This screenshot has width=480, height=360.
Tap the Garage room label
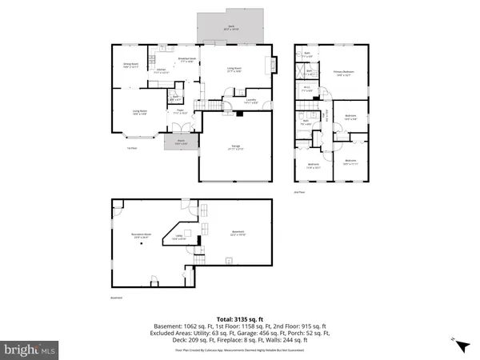236,147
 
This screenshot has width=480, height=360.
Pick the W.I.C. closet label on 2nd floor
306,90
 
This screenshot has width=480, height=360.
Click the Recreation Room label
142,236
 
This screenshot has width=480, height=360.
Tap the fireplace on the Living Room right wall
274,64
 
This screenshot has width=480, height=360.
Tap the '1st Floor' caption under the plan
132,148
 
